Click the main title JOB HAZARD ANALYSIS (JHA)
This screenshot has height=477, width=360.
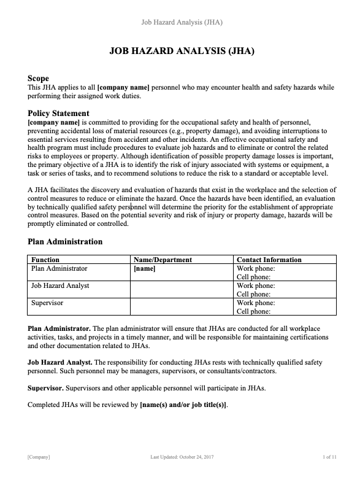[x=182, y=52]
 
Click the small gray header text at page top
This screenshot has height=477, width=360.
[x=182, y=23]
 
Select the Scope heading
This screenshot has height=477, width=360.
[x=39, y=79]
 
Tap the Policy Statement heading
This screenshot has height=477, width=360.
[x=58, y=113]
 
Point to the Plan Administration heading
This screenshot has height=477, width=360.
[x=65, y=241]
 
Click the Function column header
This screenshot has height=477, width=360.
[x=45, y=260]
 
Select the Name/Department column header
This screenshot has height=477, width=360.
[x=163, y=260]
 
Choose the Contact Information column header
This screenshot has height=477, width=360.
[x=269, y=260]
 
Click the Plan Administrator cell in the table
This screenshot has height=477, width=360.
[x=59, y=268]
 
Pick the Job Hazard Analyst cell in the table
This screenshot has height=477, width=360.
[x=60, y=285]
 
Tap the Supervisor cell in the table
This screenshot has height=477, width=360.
[x=47, y=303]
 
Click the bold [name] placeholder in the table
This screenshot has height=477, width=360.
[x=145, y=268]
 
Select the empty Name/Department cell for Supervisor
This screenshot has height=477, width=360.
[x=182, y=307]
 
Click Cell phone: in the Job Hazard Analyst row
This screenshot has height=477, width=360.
[x=255, y=294]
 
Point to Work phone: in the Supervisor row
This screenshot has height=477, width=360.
[x=256, y=303]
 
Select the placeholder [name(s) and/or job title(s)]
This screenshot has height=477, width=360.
[x=183, y=405]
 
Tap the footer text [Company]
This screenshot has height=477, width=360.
[x=39, y=457]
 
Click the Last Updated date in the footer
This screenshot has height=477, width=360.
[x=182, y=457]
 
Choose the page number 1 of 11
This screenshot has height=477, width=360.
[x=329, y=457]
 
